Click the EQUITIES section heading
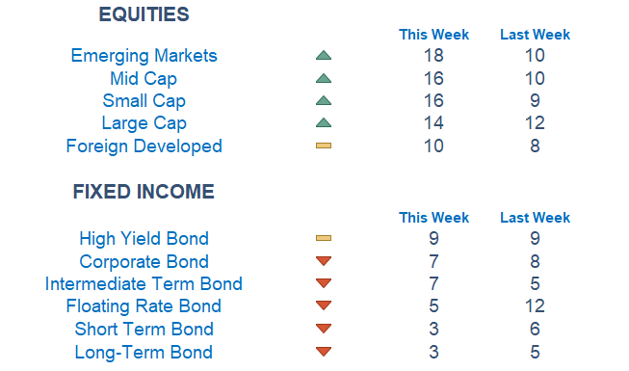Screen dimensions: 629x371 (x=144, y=14)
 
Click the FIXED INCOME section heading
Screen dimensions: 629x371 (x=144, y=192)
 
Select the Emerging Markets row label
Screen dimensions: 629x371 (x=144, y=56)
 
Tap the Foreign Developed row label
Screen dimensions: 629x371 (x=144, y=146)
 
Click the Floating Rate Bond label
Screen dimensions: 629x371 (x=144, y=306)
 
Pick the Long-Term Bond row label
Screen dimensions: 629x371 (x=144, y=352)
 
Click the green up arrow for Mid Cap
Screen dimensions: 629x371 (x=324, y=78)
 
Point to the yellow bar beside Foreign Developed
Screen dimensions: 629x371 (x=324, y=146)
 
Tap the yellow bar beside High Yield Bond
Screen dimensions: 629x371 (x=324, y=238)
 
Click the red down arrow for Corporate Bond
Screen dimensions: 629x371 (x=324, y=261)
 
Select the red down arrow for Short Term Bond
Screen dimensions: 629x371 (x=324, y=329)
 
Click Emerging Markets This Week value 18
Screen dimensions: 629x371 (x=433, y=56)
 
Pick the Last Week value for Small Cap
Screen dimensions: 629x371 (x=535, y=101)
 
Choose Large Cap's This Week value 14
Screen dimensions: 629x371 (x=433, y=123)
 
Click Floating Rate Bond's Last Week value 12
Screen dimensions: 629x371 (x=535, y=306)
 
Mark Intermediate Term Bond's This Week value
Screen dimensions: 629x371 (x=433, y=283)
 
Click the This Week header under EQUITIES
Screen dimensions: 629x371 (x=433, y=35)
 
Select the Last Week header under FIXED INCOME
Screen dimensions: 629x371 (x=535, y=218)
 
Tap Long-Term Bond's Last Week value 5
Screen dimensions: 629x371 (x=535, y=352)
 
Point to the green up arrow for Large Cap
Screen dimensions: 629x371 (x=324, y=123)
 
